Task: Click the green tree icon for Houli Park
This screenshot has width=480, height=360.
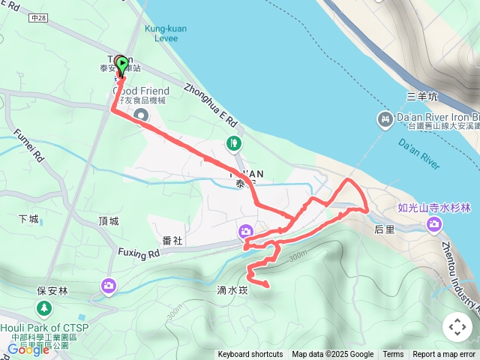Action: pos(43,308)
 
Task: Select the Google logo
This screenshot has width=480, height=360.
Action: pos(28,349)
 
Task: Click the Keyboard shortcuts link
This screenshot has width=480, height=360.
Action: pos(250,355)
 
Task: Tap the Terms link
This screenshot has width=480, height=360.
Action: pos(393,355)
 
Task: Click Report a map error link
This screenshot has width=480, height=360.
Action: pos(444,355)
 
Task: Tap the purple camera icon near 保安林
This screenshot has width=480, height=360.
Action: pos(109,285)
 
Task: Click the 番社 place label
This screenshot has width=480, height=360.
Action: pos(172,240)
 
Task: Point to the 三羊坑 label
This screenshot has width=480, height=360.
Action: pos(421,97)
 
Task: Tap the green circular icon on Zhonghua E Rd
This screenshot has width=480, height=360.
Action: pos(235,142)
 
